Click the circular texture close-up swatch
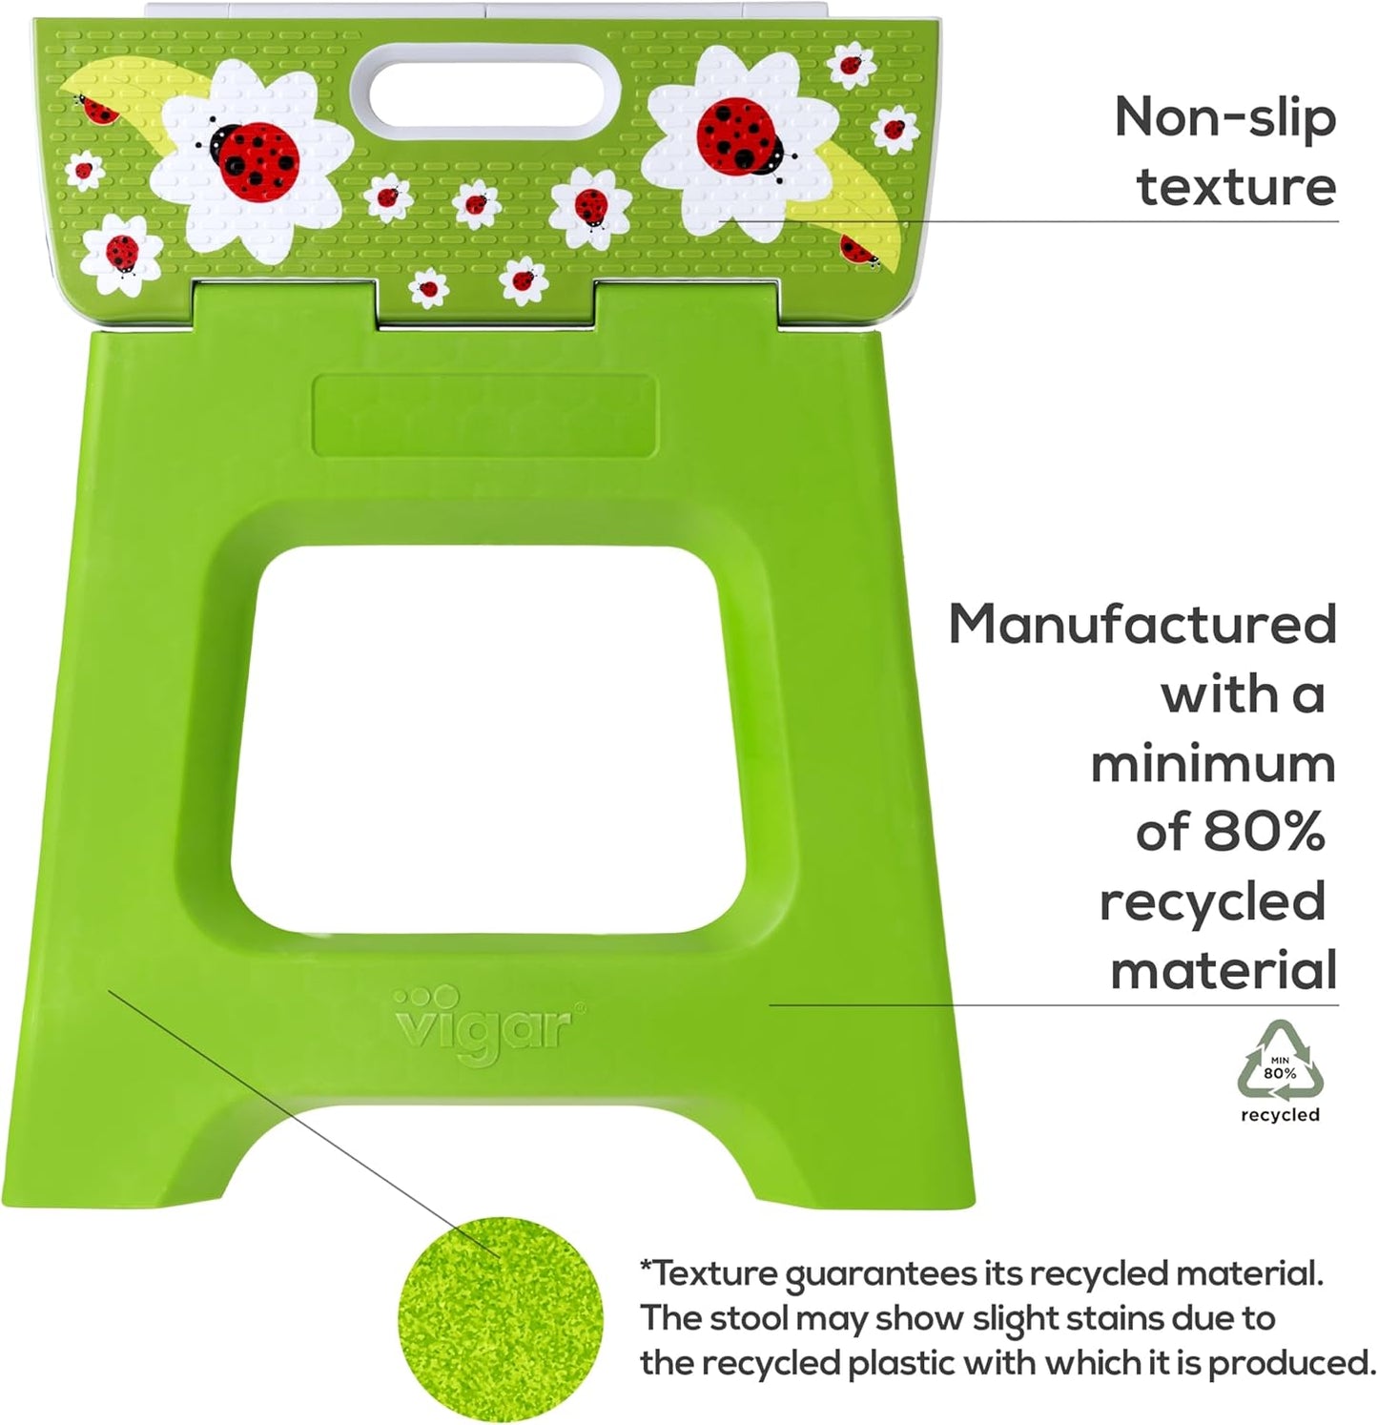click(501, 1319)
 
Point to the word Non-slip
click(1225, 117)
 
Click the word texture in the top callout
click(1236, 186)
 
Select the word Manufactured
click(1142, 625)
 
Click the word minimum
click(1213, 764)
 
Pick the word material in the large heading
click(1224, 971)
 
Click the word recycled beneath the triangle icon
click(1280, 1115)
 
